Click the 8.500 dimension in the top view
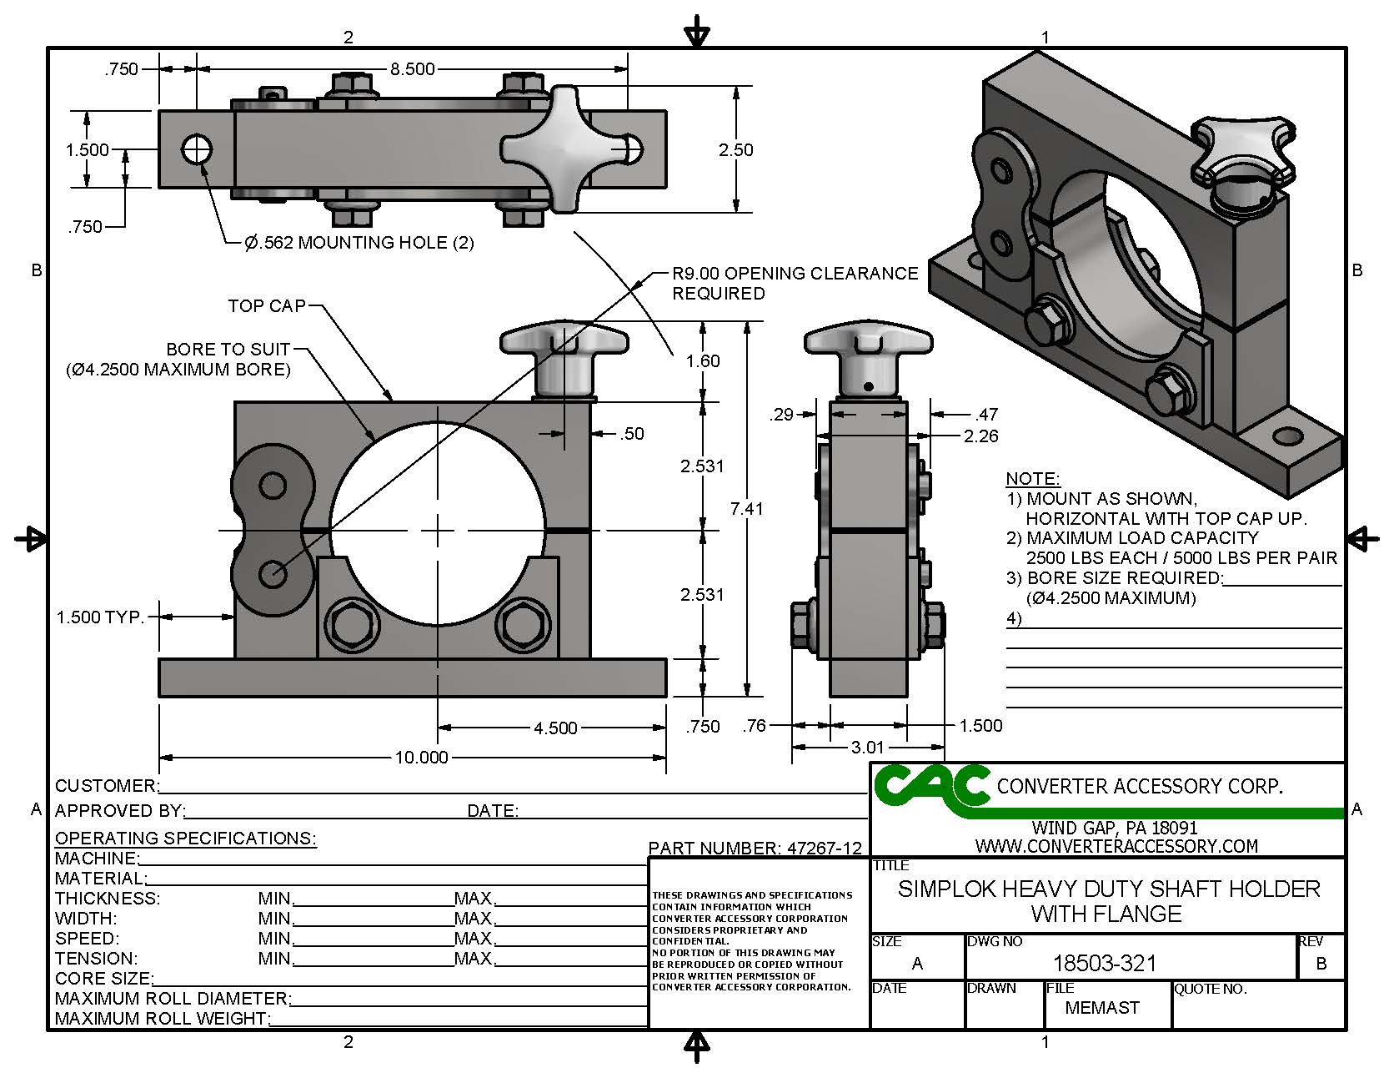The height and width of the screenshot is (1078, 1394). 413,69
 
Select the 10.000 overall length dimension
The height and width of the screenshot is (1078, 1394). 421,758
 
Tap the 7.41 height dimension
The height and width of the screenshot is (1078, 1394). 746,508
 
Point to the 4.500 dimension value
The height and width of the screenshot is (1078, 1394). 555,728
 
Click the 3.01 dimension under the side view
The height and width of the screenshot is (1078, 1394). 867,748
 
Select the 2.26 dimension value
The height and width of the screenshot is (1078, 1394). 980,436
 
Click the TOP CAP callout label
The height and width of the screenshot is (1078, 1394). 267,306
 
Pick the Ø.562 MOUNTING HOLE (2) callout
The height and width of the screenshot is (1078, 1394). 359,243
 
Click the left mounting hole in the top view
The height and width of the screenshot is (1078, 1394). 198,150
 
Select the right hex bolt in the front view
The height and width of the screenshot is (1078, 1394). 522,622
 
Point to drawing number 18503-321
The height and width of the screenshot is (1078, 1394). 1105,964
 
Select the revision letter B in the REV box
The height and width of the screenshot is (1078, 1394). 1321,964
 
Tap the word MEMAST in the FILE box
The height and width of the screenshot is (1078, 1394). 1102,1008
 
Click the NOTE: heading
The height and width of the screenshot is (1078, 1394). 1032,479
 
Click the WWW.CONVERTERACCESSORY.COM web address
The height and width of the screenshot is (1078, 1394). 1116,846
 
